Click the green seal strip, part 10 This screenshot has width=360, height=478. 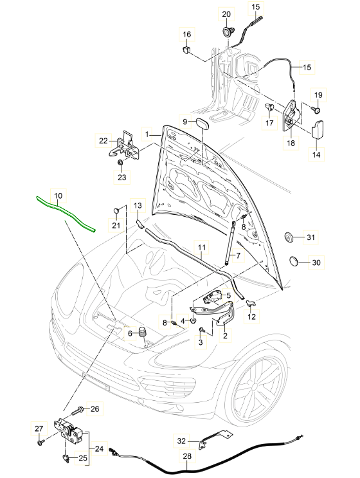tap(64, 212)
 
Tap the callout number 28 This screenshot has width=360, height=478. tap(187, 456)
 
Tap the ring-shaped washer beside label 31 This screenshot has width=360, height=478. tap(289, 238)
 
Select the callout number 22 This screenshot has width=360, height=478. tap(104, 140)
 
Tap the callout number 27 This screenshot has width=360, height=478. tap(38, 429)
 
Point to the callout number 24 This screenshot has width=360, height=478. tap(99, 449)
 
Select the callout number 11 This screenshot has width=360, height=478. tap(201, 248)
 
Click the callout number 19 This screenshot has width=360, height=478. tap(318, 95)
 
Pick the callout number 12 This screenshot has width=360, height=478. tap(251, 316)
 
